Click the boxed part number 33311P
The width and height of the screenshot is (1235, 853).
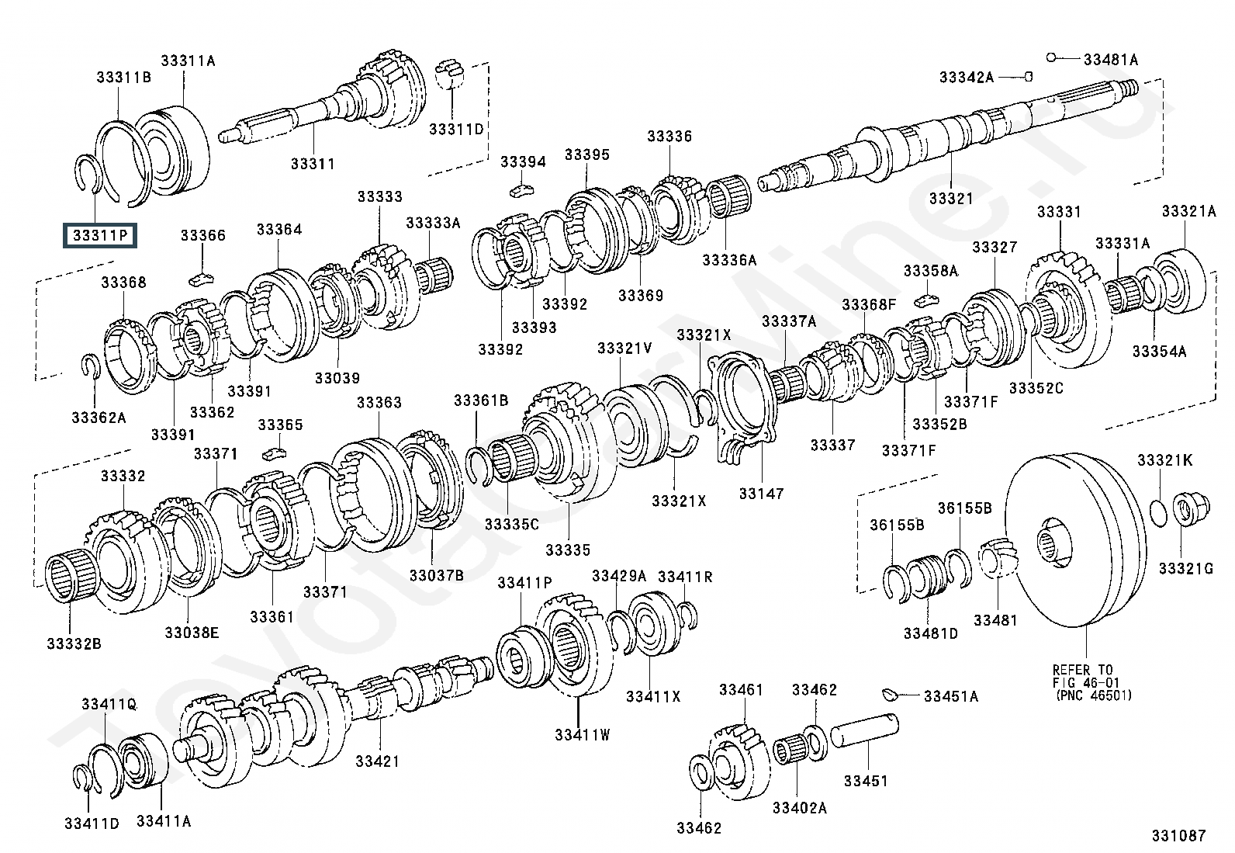coord(101,234)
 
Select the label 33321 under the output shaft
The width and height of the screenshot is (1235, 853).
coord(950,198)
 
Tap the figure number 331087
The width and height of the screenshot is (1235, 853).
coord(1178,835)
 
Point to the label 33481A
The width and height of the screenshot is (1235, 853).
coord(1110,59)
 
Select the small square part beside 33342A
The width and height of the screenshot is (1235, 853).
coord(1028,77)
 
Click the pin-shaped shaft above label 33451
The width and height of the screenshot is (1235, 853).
coord(865,733)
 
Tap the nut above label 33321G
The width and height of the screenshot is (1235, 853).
coord(1184,510)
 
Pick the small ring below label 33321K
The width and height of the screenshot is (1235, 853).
coord(1157,511)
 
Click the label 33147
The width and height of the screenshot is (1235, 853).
coord(761,493)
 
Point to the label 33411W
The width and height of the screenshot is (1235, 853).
coord(582,733)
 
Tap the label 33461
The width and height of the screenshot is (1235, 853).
coord(741,689)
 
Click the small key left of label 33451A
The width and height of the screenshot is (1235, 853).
coord(890,692)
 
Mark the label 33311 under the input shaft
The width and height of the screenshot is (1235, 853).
coord(313,164)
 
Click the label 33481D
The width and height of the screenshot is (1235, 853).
coord(930,633)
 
